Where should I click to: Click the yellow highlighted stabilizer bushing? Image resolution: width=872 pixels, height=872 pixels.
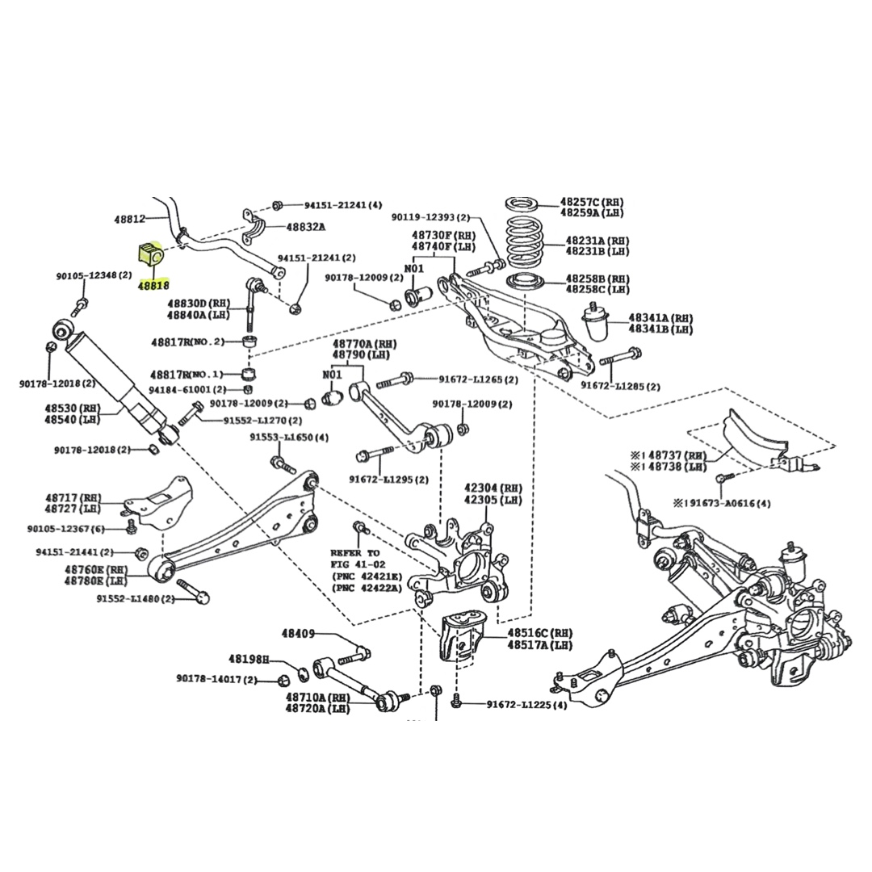coord(150,255)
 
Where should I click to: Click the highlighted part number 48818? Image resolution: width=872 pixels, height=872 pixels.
coord(153,285)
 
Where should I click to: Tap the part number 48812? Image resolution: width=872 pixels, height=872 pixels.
coord(129,219)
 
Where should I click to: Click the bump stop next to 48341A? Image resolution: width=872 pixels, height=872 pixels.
coord(601,324)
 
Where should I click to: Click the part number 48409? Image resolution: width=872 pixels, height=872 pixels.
coord(298,634)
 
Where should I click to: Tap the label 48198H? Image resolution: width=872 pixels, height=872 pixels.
coord(248,659)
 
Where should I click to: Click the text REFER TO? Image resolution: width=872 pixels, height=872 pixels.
coord(354,552)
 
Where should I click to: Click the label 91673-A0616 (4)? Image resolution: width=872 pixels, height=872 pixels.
coord(722,503)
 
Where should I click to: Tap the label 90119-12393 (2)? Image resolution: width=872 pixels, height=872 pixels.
coord(430,217)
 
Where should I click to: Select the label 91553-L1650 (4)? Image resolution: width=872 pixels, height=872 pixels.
coord(289,437)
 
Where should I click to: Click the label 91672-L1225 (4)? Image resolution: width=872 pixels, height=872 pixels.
coord(526,705)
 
